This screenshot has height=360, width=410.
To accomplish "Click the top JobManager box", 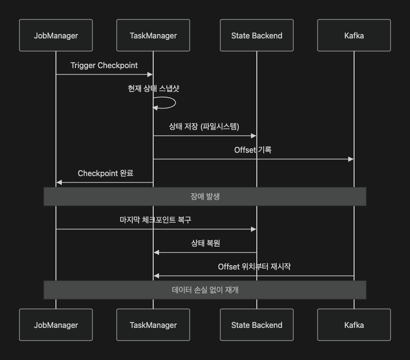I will (x=56, y=36).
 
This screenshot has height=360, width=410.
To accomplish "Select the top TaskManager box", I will (x=153, y=36).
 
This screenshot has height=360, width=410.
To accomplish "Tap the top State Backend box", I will (x=257, y=36).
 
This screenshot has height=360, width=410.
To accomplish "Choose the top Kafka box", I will (x=354, y=36).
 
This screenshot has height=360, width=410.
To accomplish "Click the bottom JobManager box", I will (x=56, y=325).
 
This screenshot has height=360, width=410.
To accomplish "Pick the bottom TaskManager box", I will (x=153, y=325).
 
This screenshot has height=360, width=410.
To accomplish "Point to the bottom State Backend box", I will (x=257, y=325).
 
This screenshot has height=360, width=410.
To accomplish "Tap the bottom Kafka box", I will (x=354, y=325).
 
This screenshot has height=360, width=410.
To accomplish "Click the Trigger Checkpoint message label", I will (x=104, y=65).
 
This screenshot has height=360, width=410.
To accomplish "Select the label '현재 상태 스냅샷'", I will (x=154, y=89).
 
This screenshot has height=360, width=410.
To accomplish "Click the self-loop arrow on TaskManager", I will (x=173, y=103).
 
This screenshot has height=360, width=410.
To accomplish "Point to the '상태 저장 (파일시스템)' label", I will (x=204, y=126).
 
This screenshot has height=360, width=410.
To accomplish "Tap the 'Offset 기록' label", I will (x=253, y=150).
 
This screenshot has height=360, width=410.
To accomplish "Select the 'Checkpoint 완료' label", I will (x=106, y=173).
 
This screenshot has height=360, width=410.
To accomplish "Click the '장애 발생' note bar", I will (x=205, y=197).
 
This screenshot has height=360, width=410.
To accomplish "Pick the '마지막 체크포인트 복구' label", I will (x=156, y=220).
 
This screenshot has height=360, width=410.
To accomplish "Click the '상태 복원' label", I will (x=205, y=243).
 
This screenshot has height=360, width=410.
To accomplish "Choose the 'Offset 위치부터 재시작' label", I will (x=254, y=267).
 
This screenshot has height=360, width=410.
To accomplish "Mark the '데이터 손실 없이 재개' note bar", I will (x=205, y=290).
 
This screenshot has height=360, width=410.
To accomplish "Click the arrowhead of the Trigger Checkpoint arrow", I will (x=150, y=74).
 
